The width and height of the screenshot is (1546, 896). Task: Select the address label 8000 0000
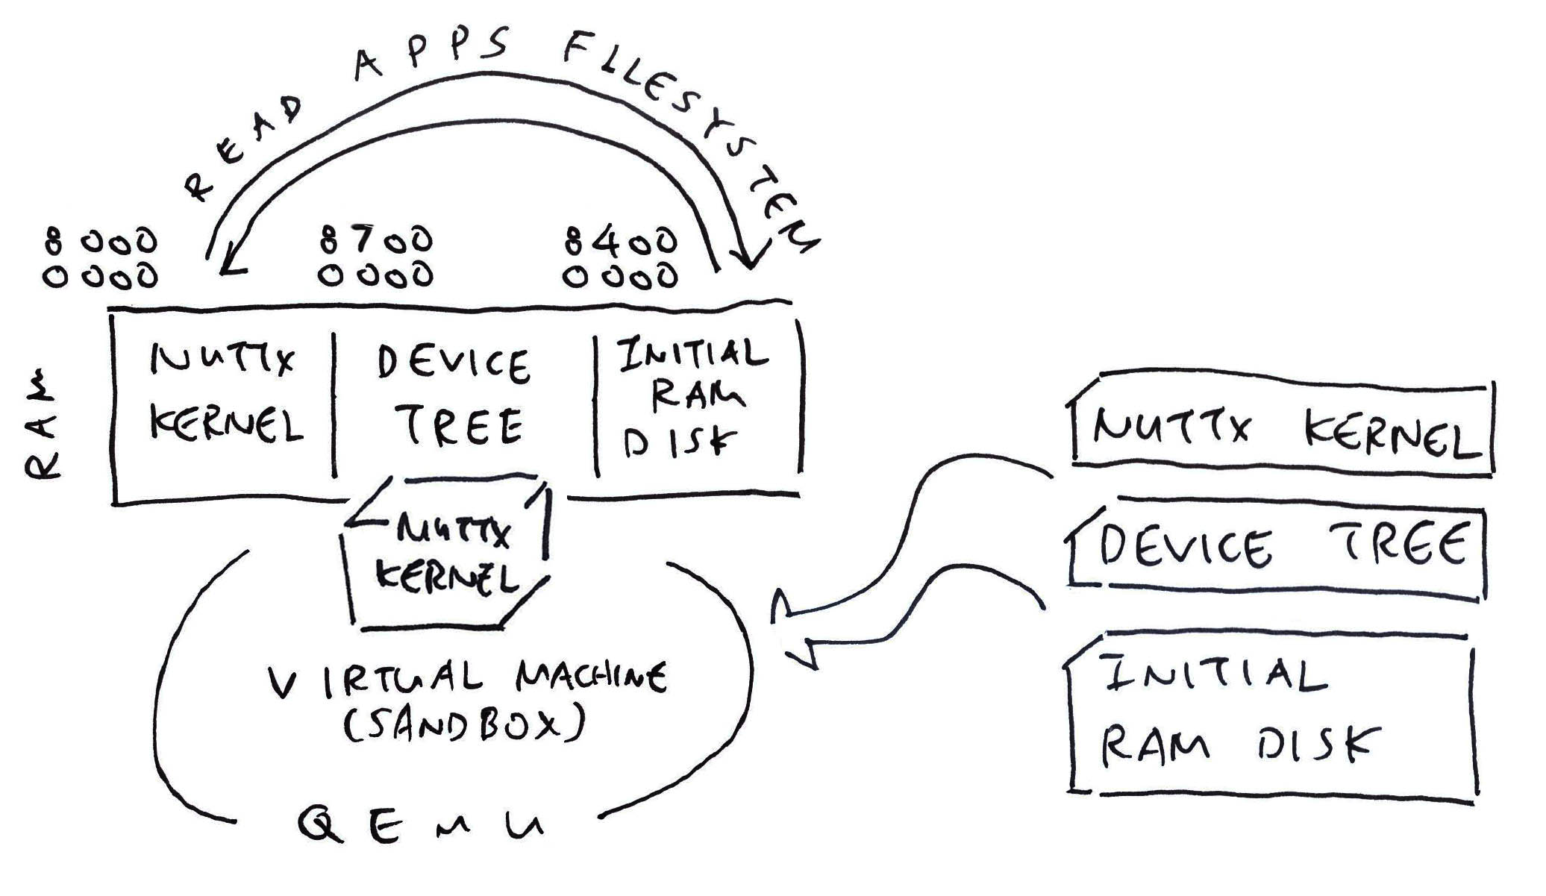[101, 258]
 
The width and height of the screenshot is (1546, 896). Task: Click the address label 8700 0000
[376, 257]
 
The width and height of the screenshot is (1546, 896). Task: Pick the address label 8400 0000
[621, 258]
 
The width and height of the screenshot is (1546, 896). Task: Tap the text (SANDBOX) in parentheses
[463, 724]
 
